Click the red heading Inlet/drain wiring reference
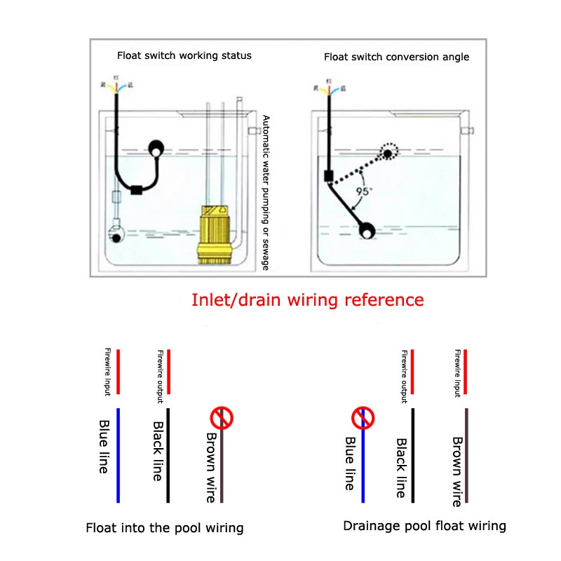coord(308,300)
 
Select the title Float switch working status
coord(184,55)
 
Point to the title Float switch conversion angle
coord(396,57)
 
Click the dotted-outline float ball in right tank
coord(388,153)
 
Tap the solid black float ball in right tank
coord(367,229)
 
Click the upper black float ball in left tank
coord(156,148)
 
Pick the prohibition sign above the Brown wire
coord(222,419)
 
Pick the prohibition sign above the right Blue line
coord(363,419)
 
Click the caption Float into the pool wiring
coord(164,528)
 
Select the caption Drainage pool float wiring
coord(424,525)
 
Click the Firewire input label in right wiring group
coord(457,372)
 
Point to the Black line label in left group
coord(158,451)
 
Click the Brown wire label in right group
coord(457,471)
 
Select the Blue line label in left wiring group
coord(104,446)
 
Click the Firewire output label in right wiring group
coord(404,376)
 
